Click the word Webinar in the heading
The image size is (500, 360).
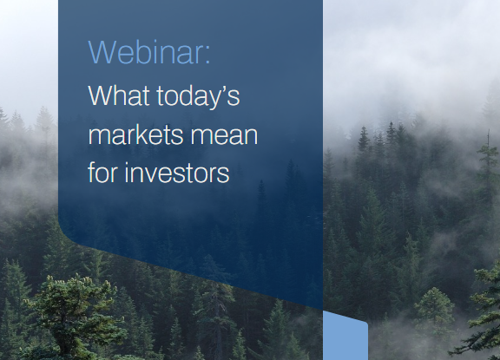(x=146, y=52)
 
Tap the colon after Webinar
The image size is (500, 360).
(x=208, y=56)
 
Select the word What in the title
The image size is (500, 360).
(x=119, y=95)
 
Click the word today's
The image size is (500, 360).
(x=198, y=97)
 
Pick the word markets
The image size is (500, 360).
(x=135, y=134)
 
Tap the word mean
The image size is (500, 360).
(x=224, y=137)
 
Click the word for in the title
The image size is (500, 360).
(x=102, y=172)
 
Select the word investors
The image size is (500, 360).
(x=177, y=173)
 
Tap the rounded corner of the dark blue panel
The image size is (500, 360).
(x=65, y=234)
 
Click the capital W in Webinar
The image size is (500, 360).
(x=102, y=52)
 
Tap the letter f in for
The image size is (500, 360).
(x=92, y=172)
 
